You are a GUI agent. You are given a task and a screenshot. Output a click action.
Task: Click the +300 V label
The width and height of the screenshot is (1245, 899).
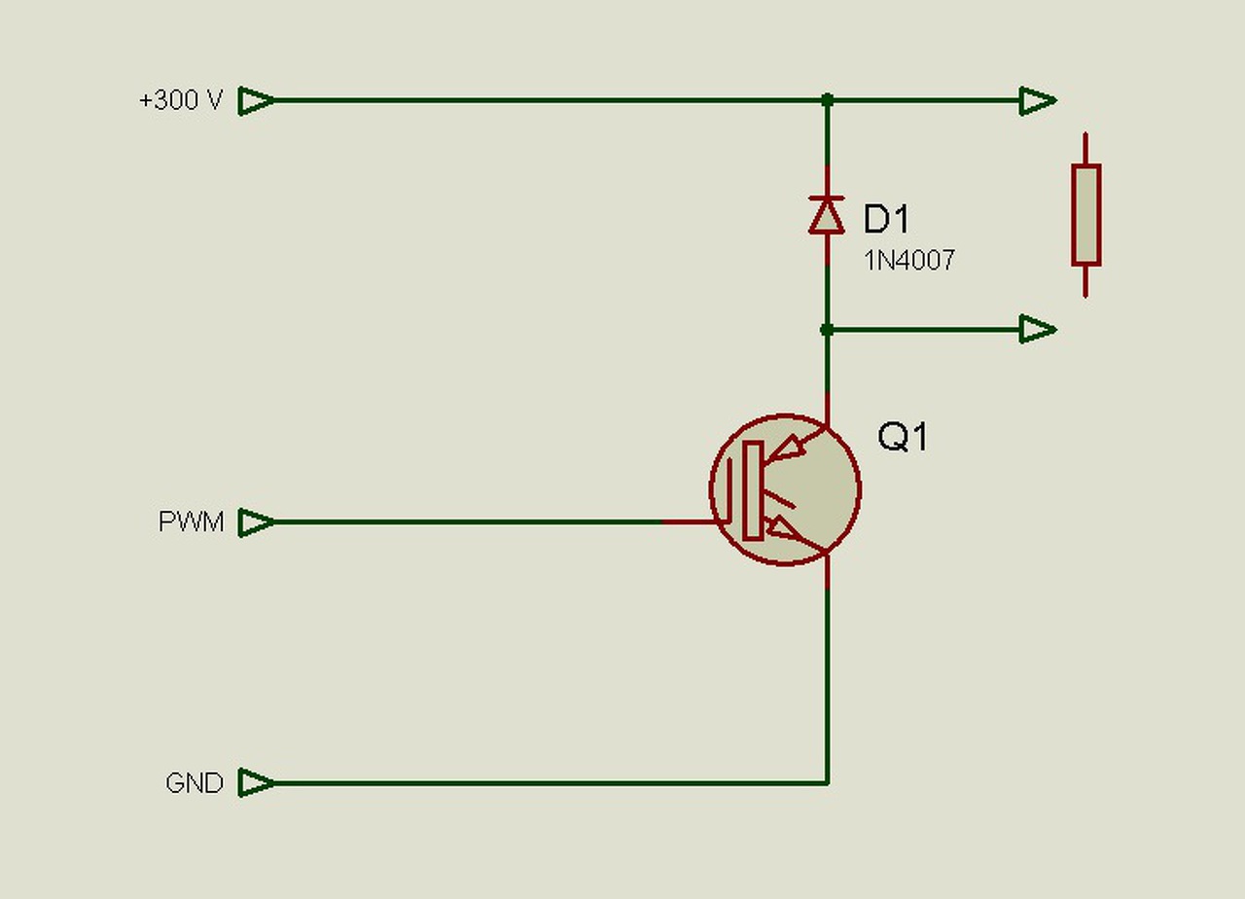[181, 100]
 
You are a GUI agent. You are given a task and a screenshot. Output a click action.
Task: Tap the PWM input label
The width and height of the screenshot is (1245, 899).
[191, 521]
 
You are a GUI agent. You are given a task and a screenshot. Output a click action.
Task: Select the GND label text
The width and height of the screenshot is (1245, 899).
[194, 783]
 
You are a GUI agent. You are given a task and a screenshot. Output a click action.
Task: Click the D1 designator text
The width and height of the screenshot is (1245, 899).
[886, 219]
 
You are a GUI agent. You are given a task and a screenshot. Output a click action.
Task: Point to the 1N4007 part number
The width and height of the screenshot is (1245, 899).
[909, 260]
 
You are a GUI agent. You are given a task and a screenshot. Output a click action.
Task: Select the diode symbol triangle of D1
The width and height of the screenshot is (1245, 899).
[827, 216]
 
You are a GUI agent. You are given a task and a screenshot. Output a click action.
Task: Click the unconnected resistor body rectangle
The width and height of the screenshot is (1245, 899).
[1086, 215]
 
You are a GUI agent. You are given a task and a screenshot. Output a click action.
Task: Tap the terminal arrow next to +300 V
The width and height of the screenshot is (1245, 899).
[256, 101]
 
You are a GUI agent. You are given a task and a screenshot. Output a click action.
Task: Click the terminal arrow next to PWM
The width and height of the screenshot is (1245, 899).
[256, 522]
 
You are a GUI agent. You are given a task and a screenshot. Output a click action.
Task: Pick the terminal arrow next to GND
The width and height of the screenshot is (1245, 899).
[256, 783]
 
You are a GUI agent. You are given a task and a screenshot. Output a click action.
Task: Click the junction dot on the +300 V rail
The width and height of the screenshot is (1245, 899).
[827, 100]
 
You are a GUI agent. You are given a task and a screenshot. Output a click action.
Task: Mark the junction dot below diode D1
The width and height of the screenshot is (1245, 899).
[827, 330]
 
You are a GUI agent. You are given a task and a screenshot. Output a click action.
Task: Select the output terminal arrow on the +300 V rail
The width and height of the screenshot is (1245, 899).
[1038, 101]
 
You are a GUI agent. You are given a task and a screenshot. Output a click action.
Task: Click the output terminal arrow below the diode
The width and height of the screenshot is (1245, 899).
[1038, 330]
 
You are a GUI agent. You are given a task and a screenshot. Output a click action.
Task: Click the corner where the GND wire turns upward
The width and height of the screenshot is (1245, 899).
[828, 783]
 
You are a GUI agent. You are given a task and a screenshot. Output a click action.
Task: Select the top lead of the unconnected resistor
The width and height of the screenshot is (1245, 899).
[1085, 149]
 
